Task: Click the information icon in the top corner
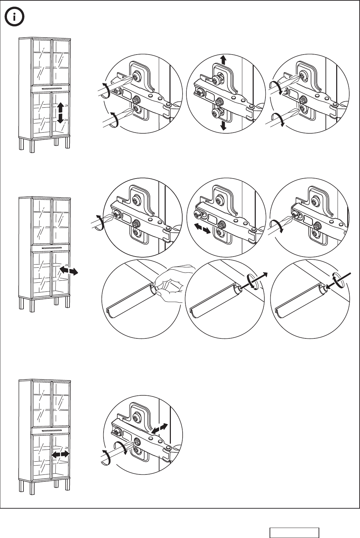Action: pos(14,17)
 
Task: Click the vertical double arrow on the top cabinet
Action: pos(60,113)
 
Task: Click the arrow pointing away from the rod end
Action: pos(261,278)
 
